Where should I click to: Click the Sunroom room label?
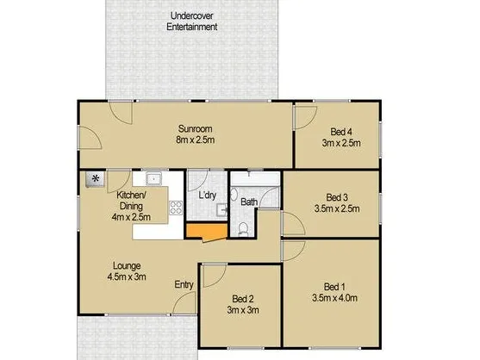point(195,129)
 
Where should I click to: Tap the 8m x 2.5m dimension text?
point(195,140)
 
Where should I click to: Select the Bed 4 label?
point(341,132)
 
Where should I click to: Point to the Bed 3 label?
point(337,197)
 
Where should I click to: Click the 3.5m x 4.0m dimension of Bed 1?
point(334,298)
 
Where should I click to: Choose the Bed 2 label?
point(243,299)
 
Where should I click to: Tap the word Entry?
point(184,285)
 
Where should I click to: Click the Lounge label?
point(127,265)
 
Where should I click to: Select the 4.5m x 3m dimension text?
point(127,276)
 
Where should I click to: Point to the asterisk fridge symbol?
point(95,179)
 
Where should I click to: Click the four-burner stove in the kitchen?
point(176,208)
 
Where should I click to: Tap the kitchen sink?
point(153,178)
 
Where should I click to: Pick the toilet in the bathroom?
point(243,229)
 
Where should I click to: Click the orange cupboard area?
point(207,231)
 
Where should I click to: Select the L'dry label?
point(207,196)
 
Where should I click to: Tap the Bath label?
point(249,202)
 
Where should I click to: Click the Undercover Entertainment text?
point(191,22)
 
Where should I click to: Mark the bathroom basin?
point(234,195)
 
